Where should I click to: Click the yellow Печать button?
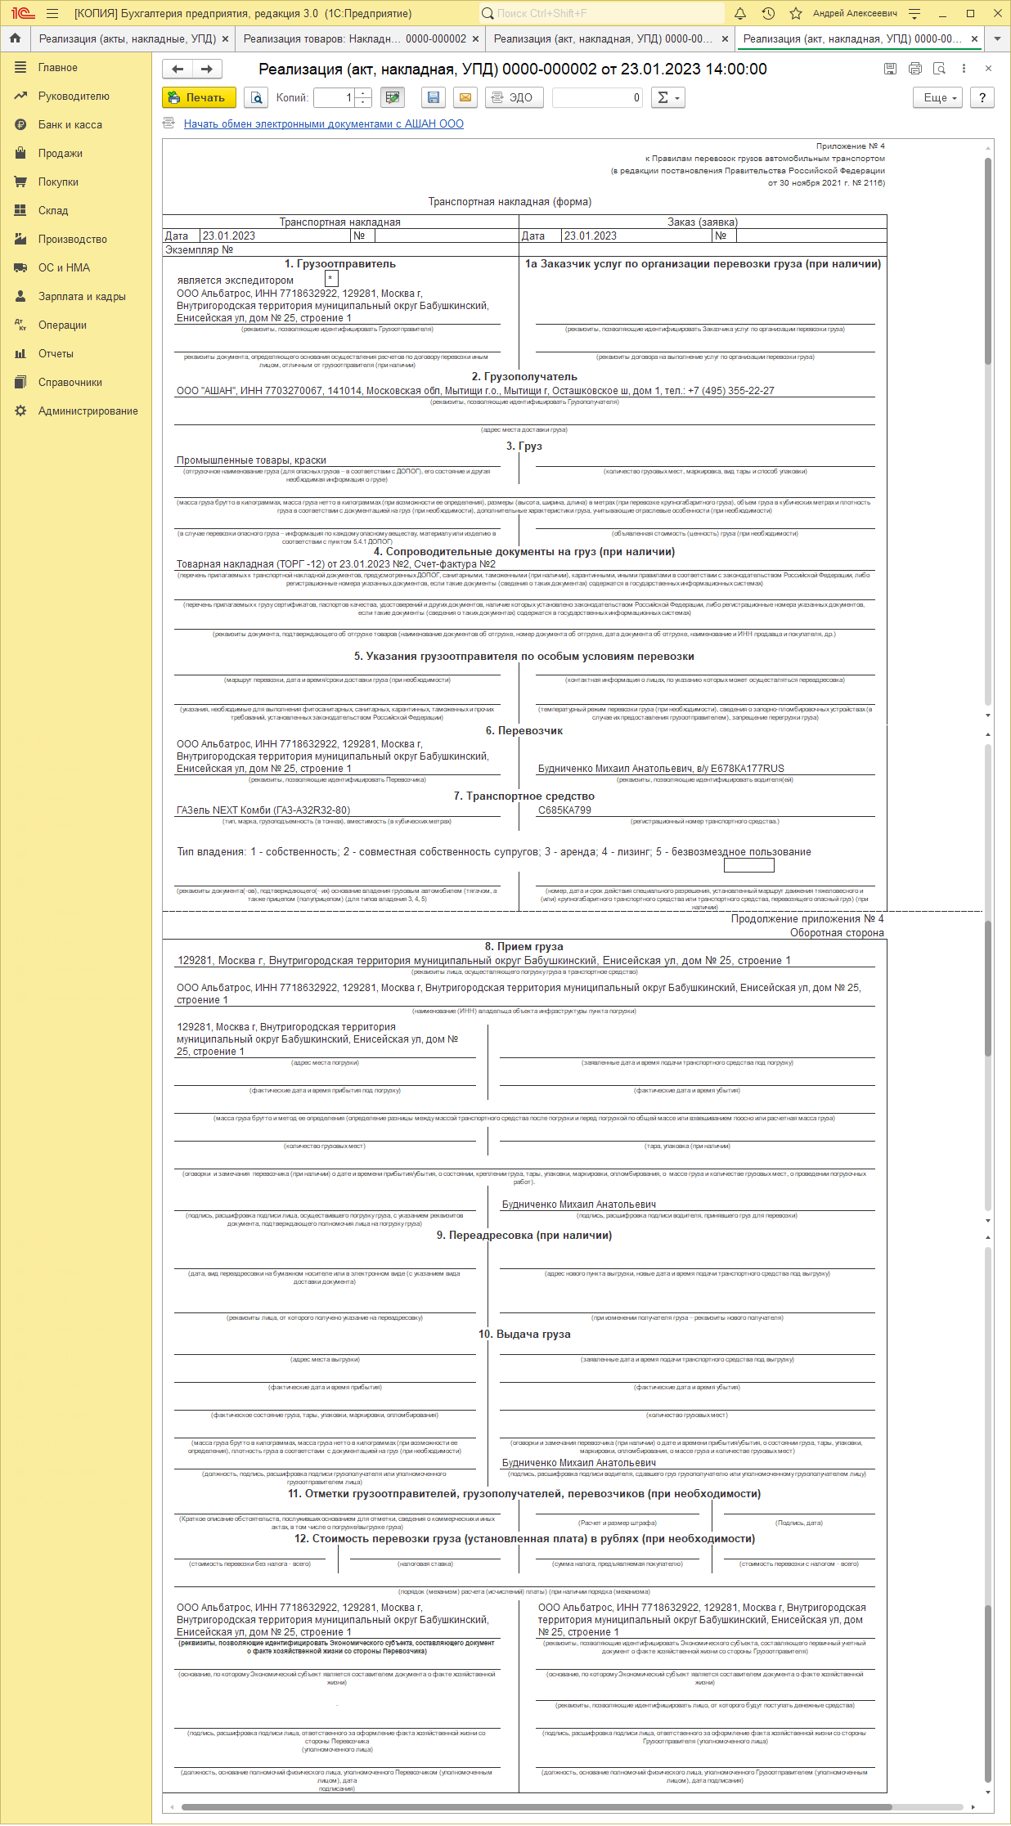tap(199, 97)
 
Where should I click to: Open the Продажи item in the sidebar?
tap(60, 154)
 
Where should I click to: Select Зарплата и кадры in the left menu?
tap(82, 297)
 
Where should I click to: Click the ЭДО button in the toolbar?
tap(514, 97)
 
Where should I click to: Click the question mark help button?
tap(982, 97)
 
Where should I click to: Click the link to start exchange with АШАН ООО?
tap(323, 124)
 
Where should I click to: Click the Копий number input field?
tap(335, 97)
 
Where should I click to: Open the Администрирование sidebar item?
tap(88, 411)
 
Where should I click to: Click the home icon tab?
tap(15, 38)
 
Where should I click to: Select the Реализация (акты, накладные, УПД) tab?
tap(128, 38)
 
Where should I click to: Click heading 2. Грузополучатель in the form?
tap(524, 377)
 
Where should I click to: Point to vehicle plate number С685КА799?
tap(564, 810)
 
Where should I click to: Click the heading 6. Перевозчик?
tap(524, 731)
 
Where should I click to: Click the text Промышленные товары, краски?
tap(251, 460)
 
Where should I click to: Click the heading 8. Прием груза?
tap(524, 947)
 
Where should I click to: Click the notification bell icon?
tap(740, 13)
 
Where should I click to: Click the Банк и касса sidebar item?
tap(70, 125)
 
